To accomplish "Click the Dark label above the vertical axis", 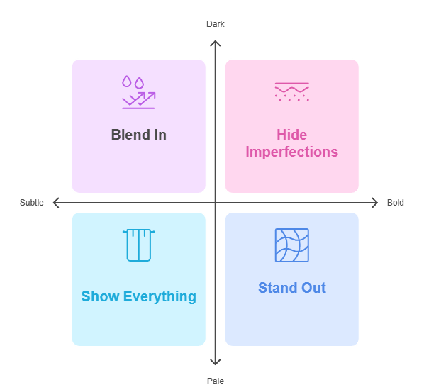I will (x=215, y=24).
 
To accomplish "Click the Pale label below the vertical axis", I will (x=215, y=381).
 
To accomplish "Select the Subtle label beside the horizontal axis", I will (x=32, y=203).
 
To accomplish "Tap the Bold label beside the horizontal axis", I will (x=396, y=203).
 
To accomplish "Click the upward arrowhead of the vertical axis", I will (x=215, y=43).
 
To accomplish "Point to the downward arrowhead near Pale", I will (x=215, y=363).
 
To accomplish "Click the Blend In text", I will (x=138, y=135).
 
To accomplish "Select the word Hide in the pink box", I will (x=291, y=135).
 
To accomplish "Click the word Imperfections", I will (x=291, y=152).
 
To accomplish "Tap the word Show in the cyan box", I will (x=100, y=296).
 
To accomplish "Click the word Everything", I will (x=159, y=296).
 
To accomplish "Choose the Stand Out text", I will (x=291, y=288).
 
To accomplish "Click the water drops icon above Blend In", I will (x=138, y=92).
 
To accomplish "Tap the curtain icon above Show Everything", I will (x=138, y=245).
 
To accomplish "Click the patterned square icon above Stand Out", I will (x=291, y=245).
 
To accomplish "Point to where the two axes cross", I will (x=215, y=203).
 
